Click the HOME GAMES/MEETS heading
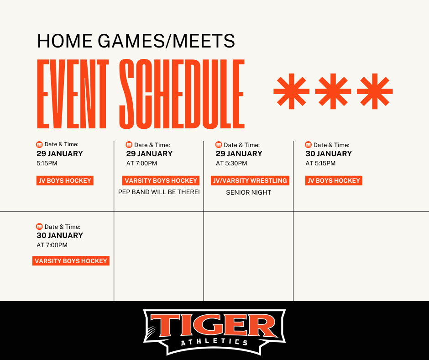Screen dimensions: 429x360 click(x=136, y=41)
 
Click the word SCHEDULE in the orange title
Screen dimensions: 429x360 click(x=182, y=94)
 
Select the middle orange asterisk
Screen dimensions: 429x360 click(x=333, y=91)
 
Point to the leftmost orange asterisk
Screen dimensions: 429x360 click(x=291, y=91)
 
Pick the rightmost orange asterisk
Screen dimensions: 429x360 click(x=375, y=91)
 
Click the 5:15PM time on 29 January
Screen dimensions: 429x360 click(x=47, y=163)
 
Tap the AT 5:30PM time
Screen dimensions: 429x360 click(x=231, y=163)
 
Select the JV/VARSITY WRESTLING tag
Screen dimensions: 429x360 click(x=250, y=180)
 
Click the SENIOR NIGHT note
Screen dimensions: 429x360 click(x=249, y=192)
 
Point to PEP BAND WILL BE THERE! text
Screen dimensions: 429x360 click(x=159, y=192)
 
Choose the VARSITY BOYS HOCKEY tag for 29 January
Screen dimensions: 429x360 click(x=161, y=180)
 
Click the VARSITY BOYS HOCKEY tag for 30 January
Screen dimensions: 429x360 click(x=71, y=261)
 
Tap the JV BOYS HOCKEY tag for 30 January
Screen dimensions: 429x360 click(x=334, y=180)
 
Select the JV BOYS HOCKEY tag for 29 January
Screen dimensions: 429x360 click(x=65, y=180)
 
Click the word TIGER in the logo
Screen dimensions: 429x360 click(x=214, y=325)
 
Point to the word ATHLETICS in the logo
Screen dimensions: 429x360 click(x=214, y=342)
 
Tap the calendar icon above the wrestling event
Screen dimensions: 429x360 click(x=219, y=144)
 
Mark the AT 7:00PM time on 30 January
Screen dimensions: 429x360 click(x=52, y=245)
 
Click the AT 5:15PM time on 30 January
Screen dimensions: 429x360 click(x=320, y=163)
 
